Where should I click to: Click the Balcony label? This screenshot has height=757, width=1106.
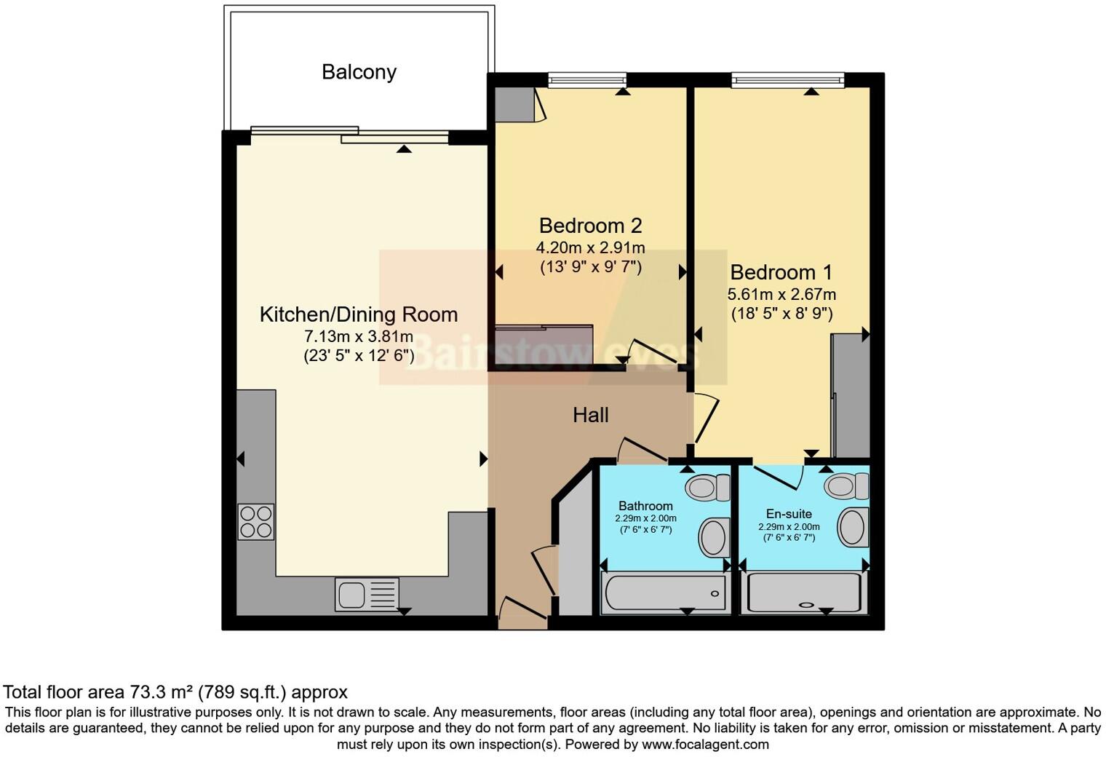point(359,72)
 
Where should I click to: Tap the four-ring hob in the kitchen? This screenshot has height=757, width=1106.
point(256,522)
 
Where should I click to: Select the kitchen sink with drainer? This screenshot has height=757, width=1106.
point(367,593)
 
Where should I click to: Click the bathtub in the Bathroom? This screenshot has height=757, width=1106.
point(664,592)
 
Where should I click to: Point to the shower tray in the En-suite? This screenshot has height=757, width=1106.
point(805,592)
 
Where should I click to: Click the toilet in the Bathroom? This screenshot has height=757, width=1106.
point(707,487)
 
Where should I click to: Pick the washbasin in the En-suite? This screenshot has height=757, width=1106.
point(853,527)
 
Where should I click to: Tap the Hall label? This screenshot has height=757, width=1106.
point(590,416)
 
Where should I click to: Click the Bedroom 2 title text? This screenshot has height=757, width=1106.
point(590,226)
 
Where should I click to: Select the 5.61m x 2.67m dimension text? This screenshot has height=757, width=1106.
point(781,295)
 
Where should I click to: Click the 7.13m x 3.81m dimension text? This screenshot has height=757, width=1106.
point(359,337)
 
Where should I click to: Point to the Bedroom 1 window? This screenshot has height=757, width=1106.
point(787,80)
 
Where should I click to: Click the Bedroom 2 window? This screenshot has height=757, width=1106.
point(587,80)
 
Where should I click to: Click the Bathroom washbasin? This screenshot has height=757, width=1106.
point(715,537)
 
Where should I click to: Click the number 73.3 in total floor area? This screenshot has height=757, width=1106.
point(146,691)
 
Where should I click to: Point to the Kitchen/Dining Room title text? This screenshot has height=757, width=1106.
point(359,314)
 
